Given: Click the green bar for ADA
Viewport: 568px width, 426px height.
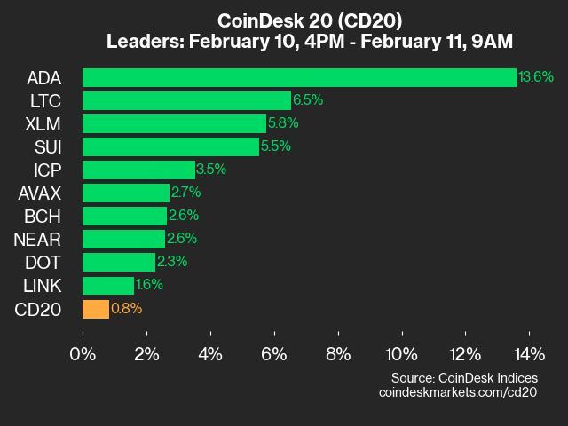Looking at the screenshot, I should pos(299,77).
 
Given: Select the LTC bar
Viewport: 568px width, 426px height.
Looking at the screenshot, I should pos(186,100).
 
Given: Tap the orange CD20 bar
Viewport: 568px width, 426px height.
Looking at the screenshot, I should pos(96,309).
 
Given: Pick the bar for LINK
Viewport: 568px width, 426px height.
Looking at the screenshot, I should pos(108,286).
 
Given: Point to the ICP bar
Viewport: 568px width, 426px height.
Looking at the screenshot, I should pos(138,170).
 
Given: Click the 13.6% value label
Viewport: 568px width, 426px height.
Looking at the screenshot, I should pos(536,77).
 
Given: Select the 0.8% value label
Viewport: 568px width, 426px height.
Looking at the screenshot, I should pos(126,309).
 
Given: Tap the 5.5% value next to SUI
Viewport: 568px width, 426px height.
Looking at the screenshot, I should pos(276,146).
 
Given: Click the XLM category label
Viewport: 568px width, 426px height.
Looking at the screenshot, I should pos(43,123).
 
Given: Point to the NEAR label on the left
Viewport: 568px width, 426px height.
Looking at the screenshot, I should pos(37,239).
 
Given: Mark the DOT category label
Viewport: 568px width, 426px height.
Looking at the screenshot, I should pos(43,262).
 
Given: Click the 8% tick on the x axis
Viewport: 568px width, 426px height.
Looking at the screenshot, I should pos(338,354).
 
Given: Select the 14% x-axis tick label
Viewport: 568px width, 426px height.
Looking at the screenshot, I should pos(530,354).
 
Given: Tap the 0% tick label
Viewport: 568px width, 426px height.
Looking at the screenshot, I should pos(83,354).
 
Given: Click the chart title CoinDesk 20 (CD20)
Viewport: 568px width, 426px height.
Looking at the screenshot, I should pos(284,20).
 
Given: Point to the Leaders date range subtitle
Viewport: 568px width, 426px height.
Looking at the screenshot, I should pos(284,42).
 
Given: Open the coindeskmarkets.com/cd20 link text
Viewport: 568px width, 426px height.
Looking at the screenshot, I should pos(458,391).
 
